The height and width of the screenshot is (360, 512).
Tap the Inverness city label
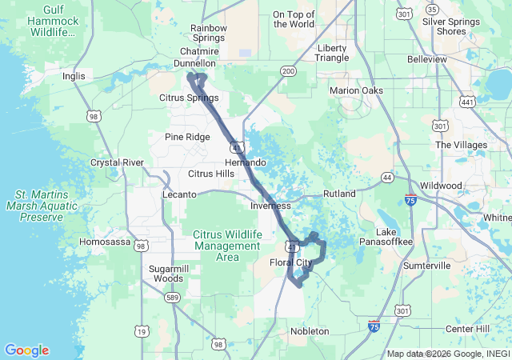[x=270, y=206]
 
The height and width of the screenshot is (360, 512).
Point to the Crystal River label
[x=117, y=162]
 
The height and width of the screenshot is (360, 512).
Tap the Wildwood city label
[x=442, y=185]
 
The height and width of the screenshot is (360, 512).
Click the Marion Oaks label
[x=356, y=90]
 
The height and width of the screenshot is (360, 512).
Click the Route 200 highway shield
[x=288, y=71]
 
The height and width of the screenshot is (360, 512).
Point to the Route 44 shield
[x=387, y=176]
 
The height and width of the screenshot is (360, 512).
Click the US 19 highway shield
[x=142, y=331]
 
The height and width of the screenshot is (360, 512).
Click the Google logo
[x=26, y=350]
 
